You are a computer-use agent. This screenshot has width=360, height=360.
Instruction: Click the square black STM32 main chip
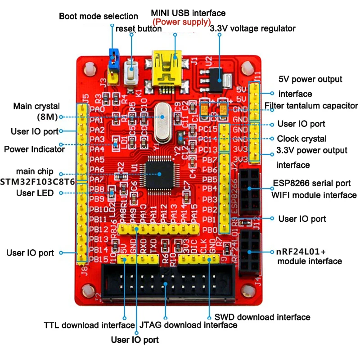[160, 173]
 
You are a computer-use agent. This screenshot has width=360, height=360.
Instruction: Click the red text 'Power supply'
[182, 22]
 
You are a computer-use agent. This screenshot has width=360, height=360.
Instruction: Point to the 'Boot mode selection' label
[99, 16]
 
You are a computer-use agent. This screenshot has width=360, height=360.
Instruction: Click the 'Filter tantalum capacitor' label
[311, 106]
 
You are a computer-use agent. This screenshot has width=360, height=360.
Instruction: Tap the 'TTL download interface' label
[89, 325]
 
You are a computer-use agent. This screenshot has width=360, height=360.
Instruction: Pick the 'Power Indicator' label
[34, 149]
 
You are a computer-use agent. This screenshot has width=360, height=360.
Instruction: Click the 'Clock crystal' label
[301, 139]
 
